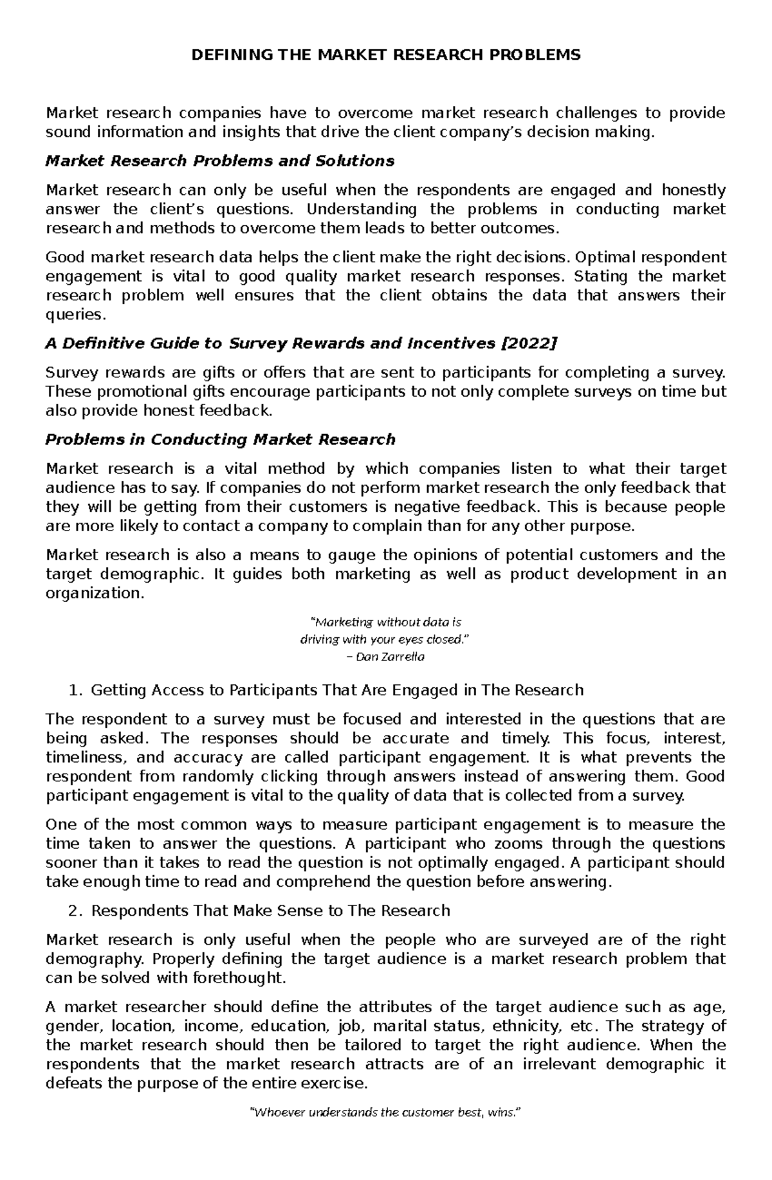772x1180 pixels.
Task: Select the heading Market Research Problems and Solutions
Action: pos(219,161)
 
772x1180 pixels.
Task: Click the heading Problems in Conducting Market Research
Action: pos(219,440)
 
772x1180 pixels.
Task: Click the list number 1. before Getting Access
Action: pos(75,691)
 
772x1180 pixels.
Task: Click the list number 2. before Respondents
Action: pos(75,911)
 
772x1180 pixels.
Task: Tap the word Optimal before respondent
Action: pos(603,257)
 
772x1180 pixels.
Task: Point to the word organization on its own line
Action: pos(92,594)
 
